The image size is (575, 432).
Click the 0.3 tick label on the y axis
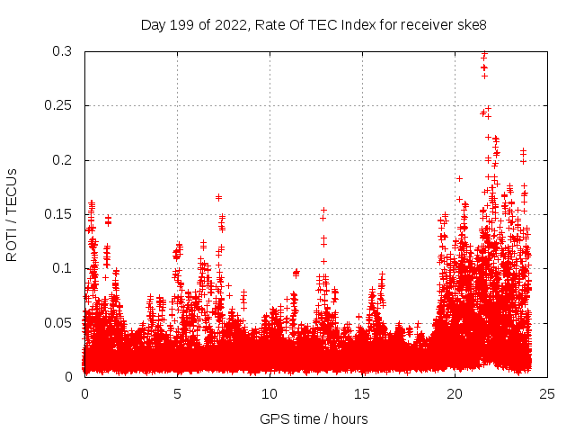click(x=63, y=52)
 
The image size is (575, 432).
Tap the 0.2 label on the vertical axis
click(x=63, y=160)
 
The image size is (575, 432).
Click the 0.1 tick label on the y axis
click(x=63, y=268)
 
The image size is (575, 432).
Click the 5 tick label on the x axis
click(x=177, y=393)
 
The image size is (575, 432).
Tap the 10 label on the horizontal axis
click(x=270, y=393)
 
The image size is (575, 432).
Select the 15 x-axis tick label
click(x=362, y=393)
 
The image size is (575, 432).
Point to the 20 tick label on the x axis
click(x=455, y=393)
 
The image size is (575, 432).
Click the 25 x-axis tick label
click(x=547, y=393)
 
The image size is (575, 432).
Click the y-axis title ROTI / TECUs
click(x=12, y=214)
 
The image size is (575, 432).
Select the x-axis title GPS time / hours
click(x=314, y=418)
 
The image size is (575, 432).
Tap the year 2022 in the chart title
click(x=230, y=24)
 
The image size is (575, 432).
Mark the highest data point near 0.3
click(x=484, y=53)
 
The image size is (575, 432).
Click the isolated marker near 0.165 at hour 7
click(x=218, y=197)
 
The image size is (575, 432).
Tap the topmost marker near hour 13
click(x=323, y=210)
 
